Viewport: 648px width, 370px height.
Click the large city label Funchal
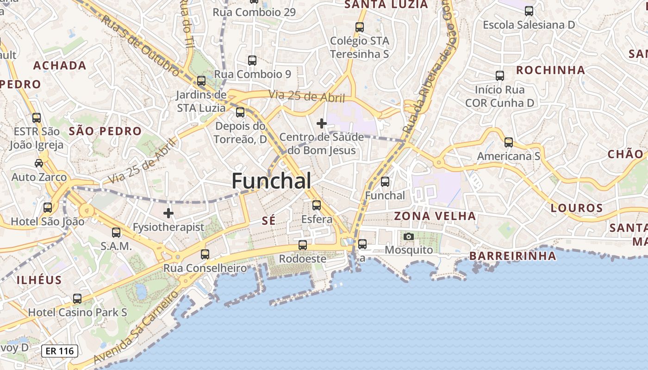tap(271, 180)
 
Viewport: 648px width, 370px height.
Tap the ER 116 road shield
tap(60, 351)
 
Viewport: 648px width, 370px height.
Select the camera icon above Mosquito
tap(409, 237)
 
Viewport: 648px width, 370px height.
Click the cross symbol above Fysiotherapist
tap(168, 213)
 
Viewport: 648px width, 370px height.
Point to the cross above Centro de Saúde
tap(322, 123)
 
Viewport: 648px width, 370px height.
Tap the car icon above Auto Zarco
tap(39, 163)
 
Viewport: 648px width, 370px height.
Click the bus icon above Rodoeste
tap(303, 245)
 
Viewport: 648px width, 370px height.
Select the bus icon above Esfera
tap(317, 205)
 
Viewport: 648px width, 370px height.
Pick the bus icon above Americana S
tap(509, 142)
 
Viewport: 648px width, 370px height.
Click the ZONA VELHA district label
tap(435, 216)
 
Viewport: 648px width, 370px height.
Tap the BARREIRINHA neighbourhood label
tap(512, 256)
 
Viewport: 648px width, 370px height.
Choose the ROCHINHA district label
tap(550, 70)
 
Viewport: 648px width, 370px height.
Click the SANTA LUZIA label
tap(386, 5)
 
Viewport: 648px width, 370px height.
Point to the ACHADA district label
tap(60, 66)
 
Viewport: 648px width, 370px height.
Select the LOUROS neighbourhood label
tap(577, 208)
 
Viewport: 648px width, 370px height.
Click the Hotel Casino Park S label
tap(78, 313)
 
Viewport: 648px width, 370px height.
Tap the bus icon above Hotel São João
tap(48, 208)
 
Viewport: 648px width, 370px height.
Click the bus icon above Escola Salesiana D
tap(529, 11)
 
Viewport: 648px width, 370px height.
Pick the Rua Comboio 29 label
tap(254, 12)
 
